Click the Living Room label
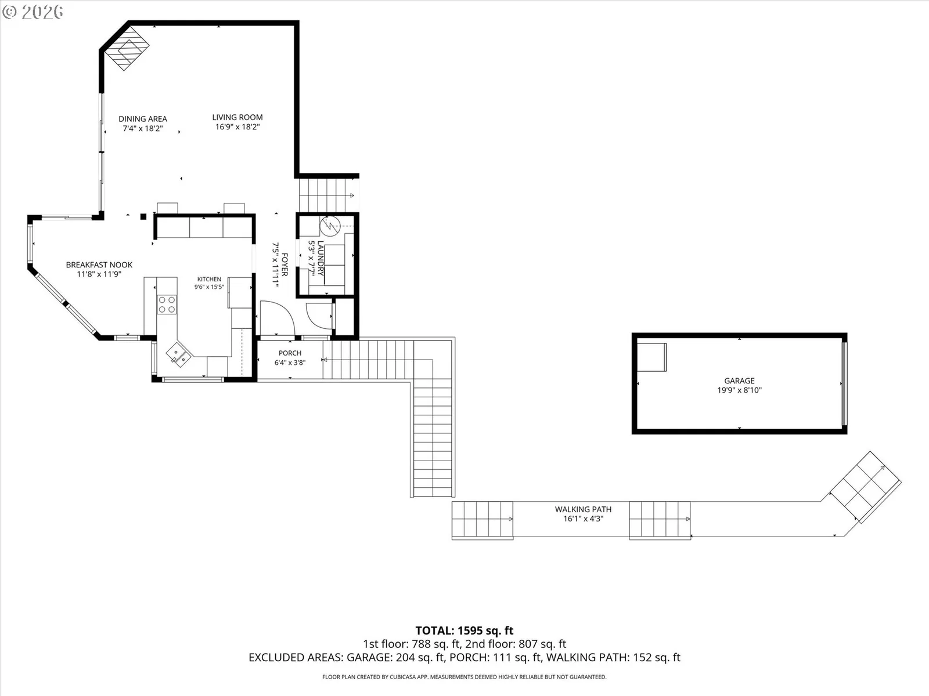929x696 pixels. [237, 117]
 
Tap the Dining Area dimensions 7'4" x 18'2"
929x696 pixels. [143, 128]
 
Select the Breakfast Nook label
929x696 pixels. [99, 264]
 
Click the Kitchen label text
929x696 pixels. [209, 279]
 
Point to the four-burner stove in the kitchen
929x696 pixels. [167, 304]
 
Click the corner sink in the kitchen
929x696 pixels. [178, 354]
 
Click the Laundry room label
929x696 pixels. [321, 258]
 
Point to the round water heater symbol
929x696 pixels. [330, 227]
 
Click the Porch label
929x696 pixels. [290, 353]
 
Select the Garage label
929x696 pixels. [739, 380]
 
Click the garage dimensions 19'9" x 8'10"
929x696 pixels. [739, 390]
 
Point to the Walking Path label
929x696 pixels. [583, 509]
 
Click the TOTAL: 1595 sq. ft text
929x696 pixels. [464, 630]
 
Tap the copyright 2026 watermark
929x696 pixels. [33, 12]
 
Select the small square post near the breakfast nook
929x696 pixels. [143, 217]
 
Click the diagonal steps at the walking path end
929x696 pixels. [866, 487]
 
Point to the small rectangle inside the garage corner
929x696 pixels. [652, 357]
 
